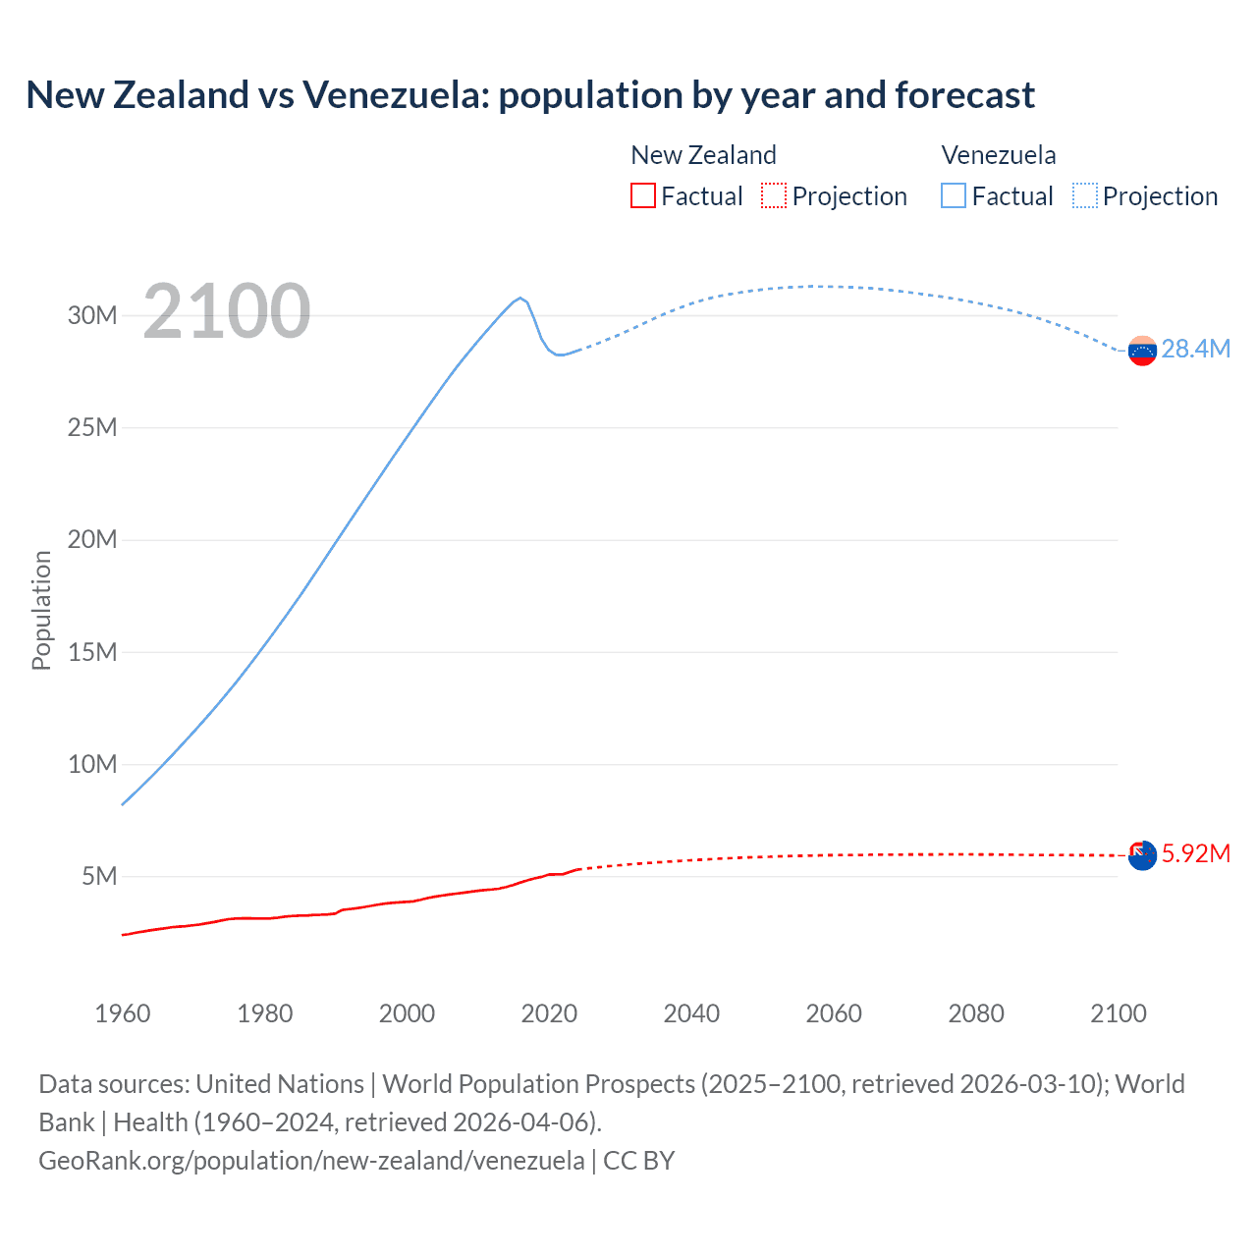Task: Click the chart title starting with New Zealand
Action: click(x=530, y=95)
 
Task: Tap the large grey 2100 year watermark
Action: click(x=227, y=311)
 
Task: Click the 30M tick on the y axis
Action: click(x=92, y=315)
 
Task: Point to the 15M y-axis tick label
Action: click(x=92, y=652)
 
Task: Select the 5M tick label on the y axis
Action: click(x=99, y=876)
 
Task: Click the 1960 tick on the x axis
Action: click(x=123, y=1013)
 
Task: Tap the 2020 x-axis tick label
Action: click(x=549, y=1013)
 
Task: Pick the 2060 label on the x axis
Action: click(x=834, y=1013)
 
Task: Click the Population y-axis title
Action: click(x=41, y=610)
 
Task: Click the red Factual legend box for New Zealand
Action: click(x=642, y=196)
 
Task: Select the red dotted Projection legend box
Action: click(x=774, y=196)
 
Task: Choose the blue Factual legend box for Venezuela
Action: click(x=954, y=196)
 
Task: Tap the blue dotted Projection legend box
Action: click(x=1085, y=196)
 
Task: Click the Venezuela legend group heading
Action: click(x=999, y=155)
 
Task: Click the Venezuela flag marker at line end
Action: click(x=1142, y=351)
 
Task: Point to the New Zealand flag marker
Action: click(x=1142, y=855)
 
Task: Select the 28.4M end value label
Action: click(x=1195, y=350)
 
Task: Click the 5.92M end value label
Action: click(x=1195, y=854)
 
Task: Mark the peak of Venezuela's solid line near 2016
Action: click(x=520, y=298)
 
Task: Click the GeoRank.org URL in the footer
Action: click(x=311, y=1161)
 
